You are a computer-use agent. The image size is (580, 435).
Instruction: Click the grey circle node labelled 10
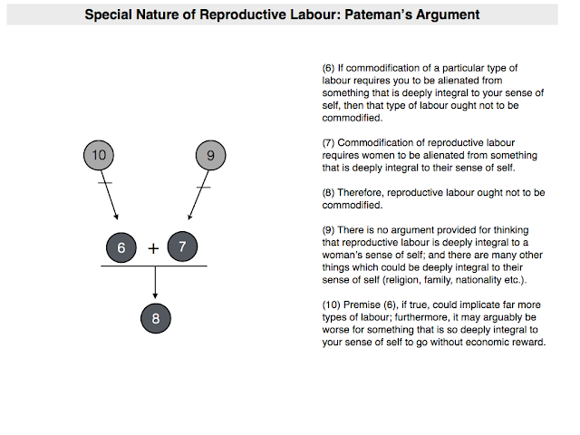click(100, 155)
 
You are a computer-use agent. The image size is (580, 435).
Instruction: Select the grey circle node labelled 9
click(210, 155)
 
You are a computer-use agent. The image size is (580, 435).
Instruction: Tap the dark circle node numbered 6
click(121, 247)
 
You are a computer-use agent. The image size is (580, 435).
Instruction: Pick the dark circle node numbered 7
click(182, 247)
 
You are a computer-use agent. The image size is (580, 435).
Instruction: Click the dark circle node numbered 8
click(156, 318)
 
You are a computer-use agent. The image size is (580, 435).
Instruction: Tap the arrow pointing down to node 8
click(156, 283)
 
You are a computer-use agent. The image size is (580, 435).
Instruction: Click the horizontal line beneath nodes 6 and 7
click(154, 266)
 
